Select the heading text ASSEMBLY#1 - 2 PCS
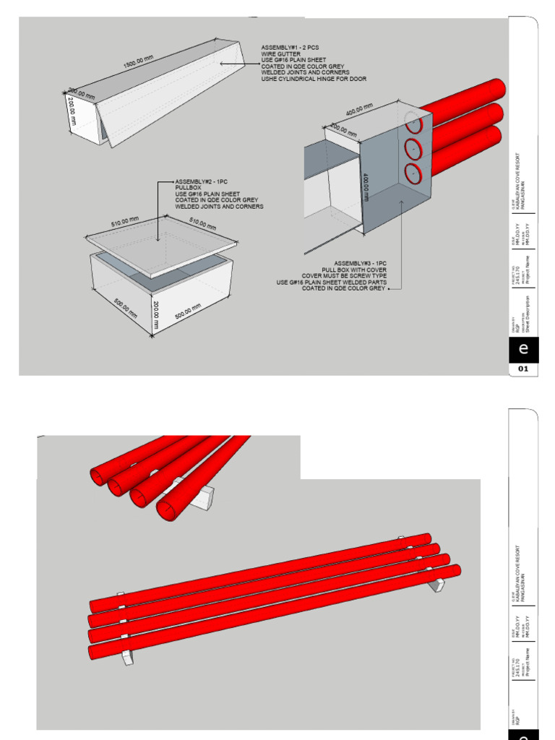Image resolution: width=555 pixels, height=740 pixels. point(289,48)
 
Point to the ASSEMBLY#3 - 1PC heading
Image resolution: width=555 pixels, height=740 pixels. point(360,262)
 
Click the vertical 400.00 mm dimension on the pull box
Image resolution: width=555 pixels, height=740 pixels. point(366,186)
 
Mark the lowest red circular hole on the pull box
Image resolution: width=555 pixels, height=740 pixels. point(413,173)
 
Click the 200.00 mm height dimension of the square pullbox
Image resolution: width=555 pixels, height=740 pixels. point(155,314)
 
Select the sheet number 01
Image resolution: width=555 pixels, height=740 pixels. point(524,369)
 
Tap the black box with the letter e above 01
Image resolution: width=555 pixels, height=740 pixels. point(524,349)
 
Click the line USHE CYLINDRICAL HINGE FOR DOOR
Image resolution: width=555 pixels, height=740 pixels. point(314,79)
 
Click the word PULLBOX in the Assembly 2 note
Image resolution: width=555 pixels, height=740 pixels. point(186,188)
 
